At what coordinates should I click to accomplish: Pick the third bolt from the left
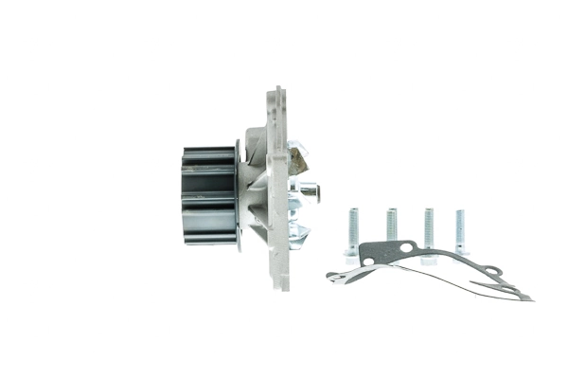click(x=428, y=232)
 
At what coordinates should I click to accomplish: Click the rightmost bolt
click(x=461, y=232)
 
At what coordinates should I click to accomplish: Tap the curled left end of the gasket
click(x=332, y=276)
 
